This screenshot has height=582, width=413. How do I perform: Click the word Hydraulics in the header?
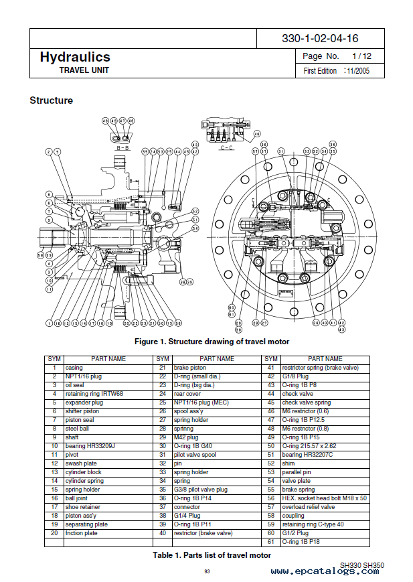(x=74, y=58)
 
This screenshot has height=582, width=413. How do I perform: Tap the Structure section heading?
(x=51, y=100)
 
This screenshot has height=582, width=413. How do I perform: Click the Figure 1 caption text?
(x=212, y=342)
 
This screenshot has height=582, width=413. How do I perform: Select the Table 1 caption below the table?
(x=212, y=555)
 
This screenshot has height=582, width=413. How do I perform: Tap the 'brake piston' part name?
(x=191, y=368)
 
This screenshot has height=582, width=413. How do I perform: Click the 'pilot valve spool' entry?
(x=195, y=455)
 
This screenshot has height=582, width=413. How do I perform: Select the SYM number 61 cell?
(x=270, y=541)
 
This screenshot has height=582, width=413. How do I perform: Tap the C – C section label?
(x=227, y=148)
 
